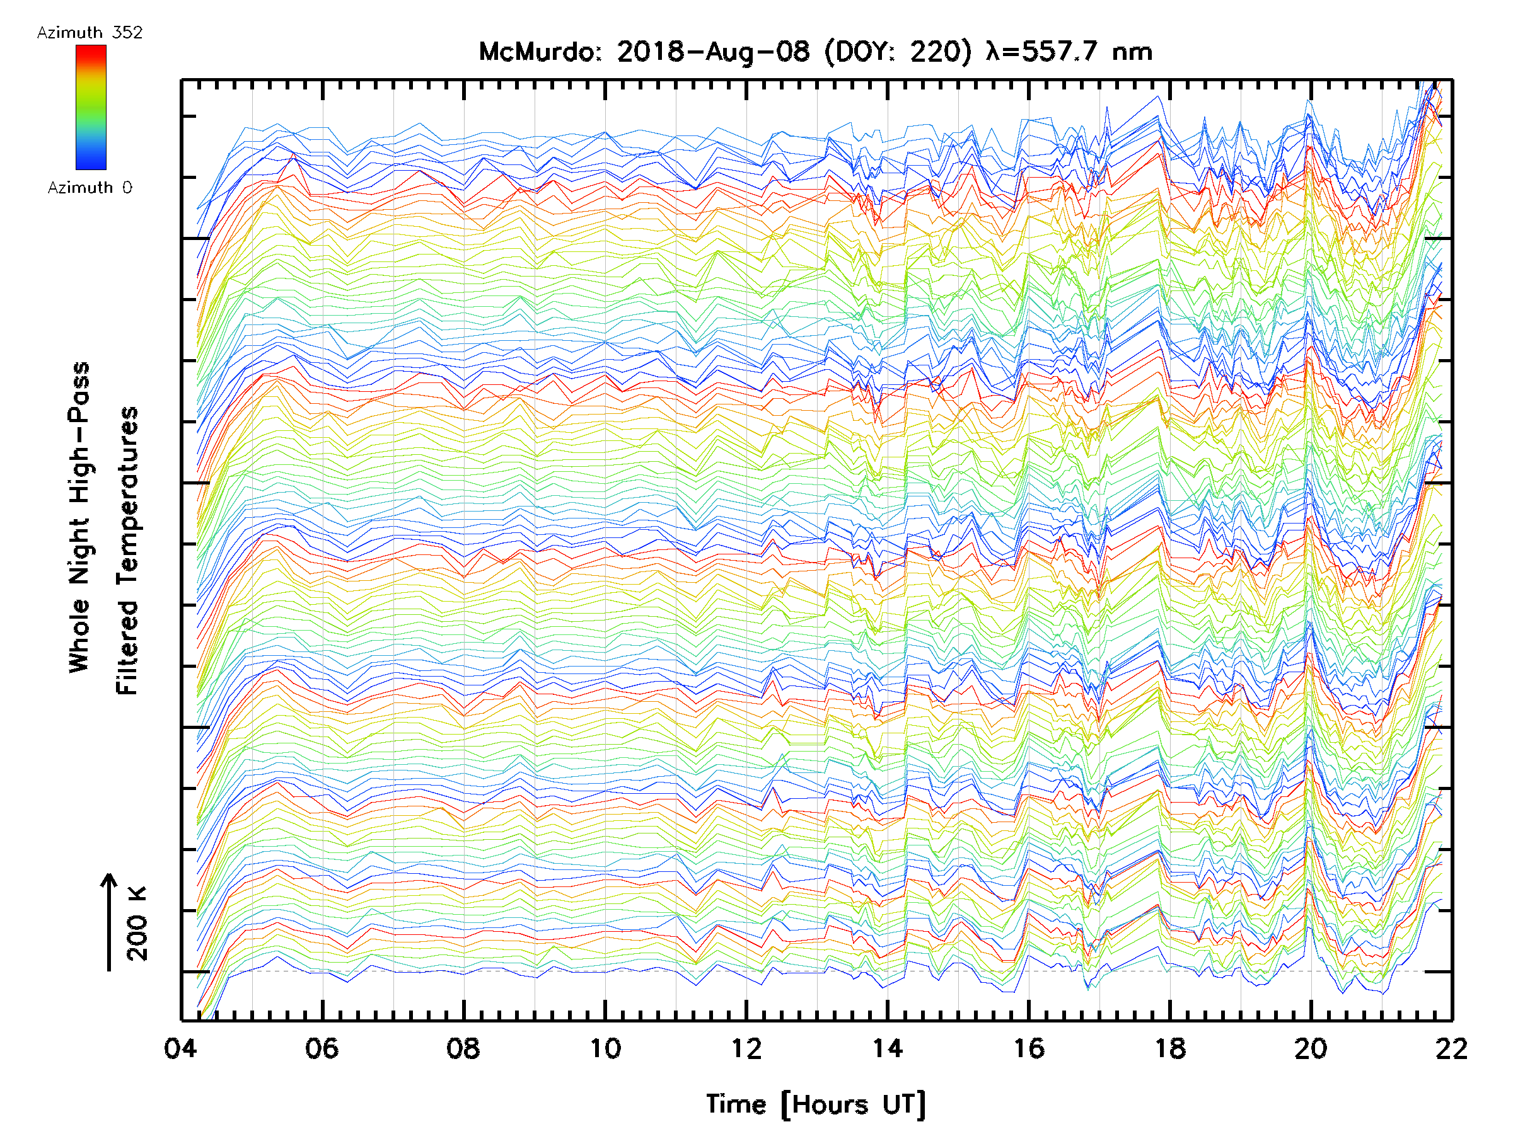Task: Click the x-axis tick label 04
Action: (180, 1048)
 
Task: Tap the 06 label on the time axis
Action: (322, 1048)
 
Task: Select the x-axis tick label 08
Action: (463, 1048)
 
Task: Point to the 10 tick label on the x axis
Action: (605, 1048)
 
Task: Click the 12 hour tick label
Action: (746, 1048)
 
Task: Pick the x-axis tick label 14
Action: (888, 1048)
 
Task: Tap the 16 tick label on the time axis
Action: (1029, 1048)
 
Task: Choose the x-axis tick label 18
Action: (1170, 1048)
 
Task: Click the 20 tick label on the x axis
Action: (1311, 1048)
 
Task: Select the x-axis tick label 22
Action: (1451, 1048)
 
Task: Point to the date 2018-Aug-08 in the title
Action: (714, 52)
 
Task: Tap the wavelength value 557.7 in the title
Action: (1062, 52)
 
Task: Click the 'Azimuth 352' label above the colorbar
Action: (90, 33)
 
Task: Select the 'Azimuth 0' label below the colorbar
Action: (90, 187)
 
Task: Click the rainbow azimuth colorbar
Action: (91, 107)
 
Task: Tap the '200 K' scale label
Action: (137, 923)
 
